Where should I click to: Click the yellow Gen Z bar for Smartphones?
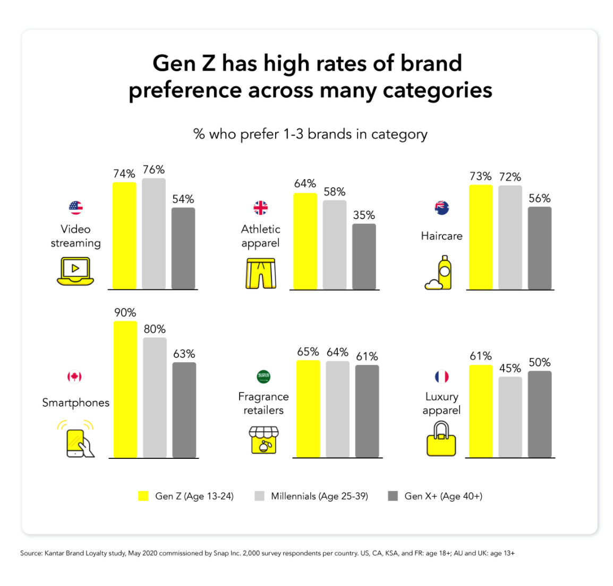point(125,389)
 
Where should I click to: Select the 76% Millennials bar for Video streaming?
point(154,234)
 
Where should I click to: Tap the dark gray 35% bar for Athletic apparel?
point(364,257)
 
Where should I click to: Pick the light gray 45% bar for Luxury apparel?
point(510,417)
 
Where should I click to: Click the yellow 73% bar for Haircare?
point(481,237)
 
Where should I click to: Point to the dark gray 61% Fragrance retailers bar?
point(367,411)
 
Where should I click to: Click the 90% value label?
point(125,313)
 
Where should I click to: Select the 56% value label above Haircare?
point(540,198)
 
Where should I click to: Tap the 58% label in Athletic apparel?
point(335,191)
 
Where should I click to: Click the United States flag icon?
point(76,207)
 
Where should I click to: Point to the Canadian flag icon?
point(74,376)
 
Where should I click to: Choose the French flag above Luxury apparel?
point(441,376)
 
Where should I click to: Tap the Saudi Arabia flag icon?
point(263,376)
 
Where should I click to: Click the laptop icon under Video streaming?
point(75,271)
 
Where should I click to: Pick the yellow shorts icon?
point(260,273)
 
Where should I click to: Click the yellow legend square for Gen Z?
point(143,496)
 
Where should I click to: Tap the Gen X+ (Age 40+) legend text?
point(443,496)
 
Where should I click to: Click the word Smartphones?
point(75,403)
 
